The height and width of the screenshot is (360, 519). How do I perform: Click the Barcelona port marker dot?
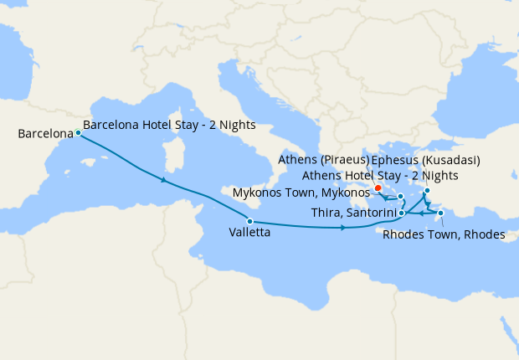pyautogui.click(x=78, y=132)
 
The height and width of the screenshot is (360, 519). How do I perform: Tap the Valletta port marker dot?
pyautogui.click(x=249, y=221)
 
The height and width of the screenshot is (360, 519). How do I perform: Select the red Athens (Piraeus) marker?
pyautogui.click(x=378, y=188)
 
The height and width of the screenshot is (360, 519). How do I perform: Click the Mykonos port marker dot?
pyautogui.click(x=401, y=197)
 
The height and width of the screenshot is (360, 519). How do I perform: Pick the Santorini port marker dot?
pyautogui.click(x=402, y=213)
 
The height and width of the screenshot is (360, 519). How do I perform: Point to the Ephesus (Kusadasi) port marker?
pyautogui.click(x=426, y=191)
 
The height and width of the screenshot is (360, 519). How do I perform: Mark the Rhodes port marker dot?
pyautogui.click(x=440, y=213)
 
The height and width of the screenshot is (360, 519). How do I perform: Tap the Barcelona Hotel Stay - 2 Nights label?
pyautogui.click(x=169, y=125)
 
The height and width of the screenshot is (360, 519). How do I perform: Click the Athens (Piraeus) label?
pyautogui.click(x=322, y=160)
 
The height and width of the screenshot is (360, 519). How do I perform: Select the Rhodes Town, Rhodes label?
pyautogui.click(x=444, y=234)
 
